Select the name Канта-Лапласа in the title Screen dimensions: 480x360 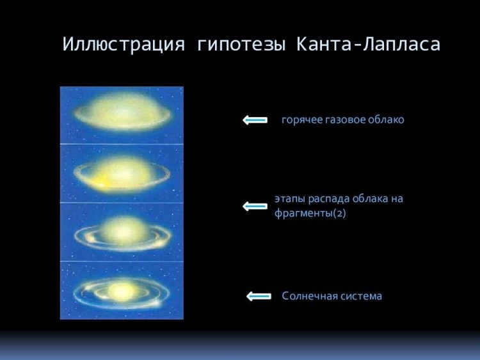(368, 44)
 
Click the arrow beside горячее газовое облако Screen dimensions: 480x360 (255, 120)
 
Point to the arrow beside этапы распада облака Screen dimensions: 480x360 (255, 207)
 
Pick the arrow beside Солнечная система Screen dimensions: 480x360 (259, 296)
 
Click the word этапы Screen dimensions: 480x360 (289, 199)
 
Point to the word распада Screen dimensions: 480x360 (329, 200)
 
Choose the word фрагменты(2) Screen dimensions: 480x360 (310, 213)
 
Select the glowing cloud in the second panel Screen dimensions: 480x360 (122, 174)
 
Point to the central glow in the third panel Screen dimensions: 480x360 (122, 231)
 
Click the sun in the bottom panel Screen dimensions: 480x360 (121, 291)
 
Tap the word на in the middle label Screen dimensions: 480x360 (397, 200)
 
